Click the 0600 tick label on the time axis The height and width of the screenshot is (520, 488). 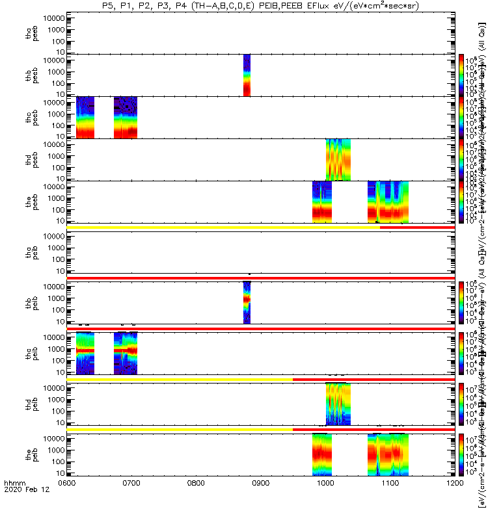tap(67, 501)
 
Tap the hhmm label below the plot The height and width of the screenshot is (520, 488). tap(15, 502)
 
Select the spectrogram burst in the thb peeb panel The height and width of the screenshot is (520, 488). tap(247, 75)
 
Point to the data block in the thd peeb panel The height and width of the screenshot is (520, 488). tap(338, 159)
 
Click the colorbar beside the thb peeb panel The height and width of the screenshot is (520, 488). tap(461, 75)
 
